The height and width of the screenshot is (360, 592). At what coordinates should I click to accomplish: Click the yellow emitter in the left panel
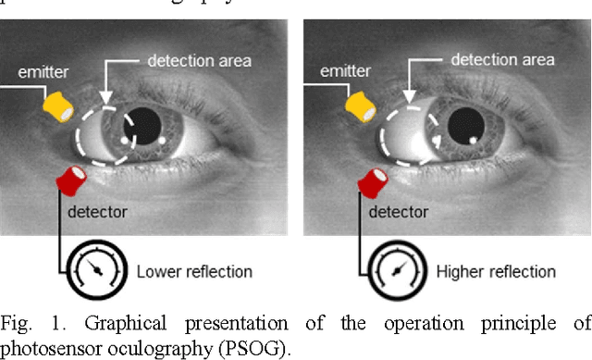tap(58, 108)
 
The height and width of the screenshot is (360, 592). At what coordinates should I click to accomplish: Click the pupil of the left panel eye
tap(147, 122)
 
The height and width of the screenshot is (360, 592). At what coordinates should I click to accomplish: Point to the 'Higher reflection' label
tap(497, 272)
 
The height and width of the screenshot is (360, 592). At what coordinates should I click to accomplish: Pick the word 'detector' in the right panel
tap(399, 213)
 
